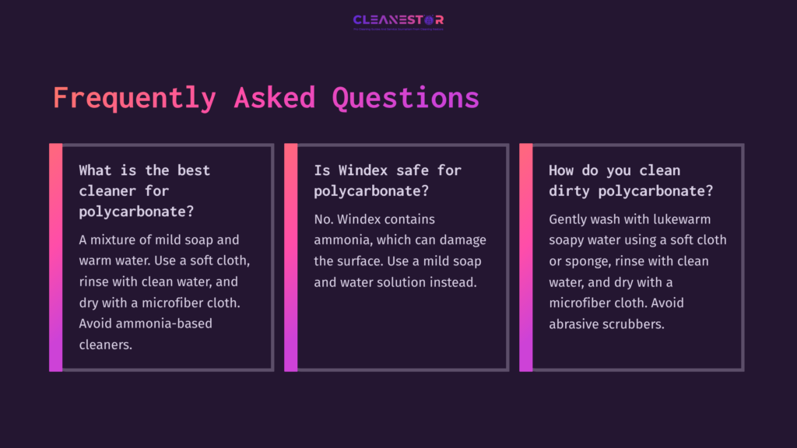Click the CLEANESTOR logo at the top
click(x=398, y=20)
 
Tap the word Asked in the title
click(x=274, y=98)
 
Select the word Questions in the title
click(x=405, y=98)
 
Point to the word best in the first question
click(x=193, y=170)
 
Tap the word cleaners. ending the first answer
click(x=106, y=344)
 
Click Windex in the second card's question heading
click(x=360, y=170)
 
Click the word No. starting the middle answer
click(x=324, y=219)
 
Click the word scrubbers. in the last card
click(x=635, y=324)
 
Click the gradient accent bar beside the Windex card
click(x=290, y=257)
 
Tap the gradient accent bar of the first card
click(x=55, y=257)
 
